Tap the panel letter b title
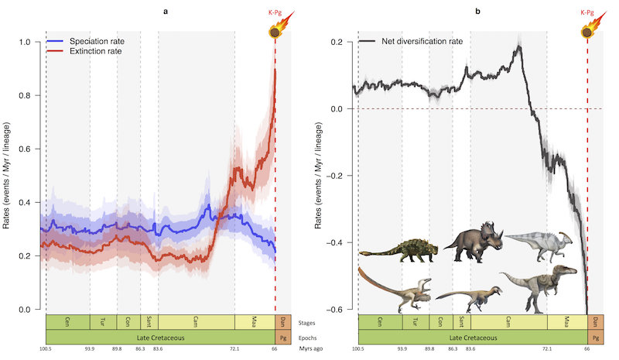[x=477, y=11]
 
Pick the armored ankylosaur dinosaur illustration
[x=399, y=248]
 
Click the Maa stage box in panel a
[x=255, y=321]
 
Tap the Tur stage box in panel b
[x=416, y=321]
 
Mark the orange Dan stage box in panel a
[x=283, y=321]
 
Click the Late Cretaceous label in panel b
[x=472, y=338]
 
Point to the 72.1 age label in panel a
[x=235, y=350]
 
